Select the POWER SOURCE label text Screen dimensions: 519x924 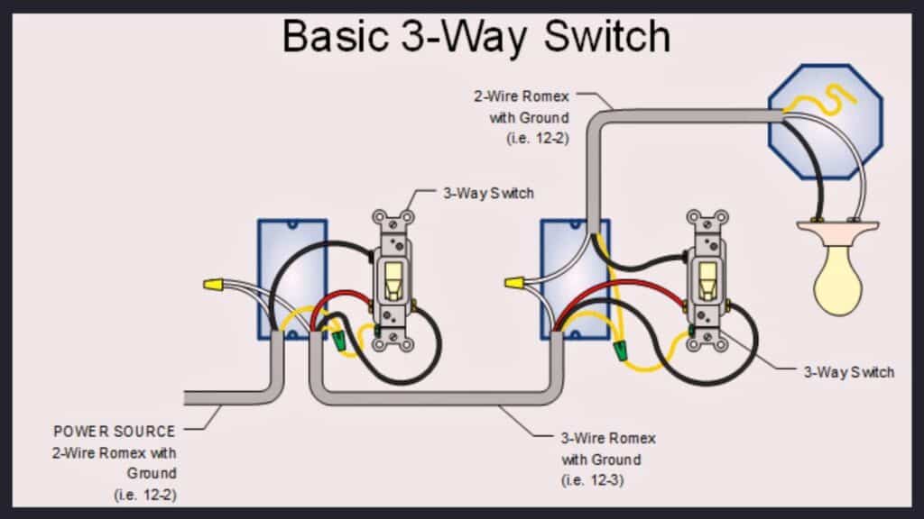(115, 432)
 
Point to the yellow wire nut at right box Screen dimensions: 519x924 (514, 285)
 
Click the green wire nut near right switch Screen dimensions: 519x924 (621, 348)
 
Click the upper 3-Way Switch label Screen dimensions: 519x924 (487, 193)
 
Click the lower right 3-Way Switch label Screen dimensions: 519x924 (848, 371)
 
